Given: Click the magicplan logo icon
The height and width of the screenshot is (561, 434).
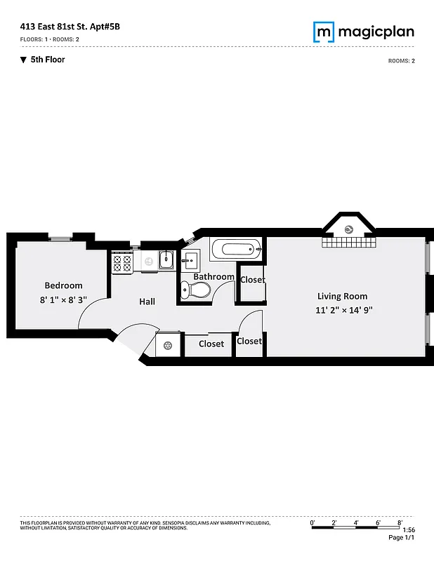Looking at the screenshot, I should [324, 32].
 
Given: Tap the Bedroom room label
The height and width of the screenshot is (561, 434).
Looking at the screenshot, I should [63, 285].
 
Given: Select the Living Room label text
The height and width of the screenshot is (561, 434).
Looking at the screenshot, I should [342, 296].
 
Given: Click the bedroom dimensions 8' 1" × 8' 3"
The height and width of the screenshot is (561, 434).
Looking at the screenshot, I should [63, 299].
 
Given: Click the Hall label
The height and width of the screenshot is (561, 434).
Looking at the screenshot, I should [147, 302].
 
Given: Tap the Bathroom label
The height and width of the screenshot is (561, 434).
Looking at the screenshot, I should [213, 277].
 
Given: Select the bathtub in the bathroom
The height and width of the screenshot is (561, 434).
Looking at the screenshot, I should [236, 248].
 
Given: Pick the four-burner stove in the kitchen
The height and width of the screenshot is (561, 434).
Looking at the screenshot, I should [122, 262].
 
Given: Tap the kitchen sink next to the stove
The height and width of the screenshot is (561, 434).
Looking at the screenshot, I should [166, 260].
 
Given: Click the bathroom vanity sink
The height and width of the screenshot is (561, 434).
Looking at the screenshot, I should [190, 262].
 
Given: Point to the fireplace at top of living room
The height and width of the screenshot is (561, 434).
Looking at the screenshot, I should [349, 229].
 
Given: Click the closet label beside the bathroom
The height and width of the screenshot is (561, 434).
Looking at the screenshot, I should [252, 280].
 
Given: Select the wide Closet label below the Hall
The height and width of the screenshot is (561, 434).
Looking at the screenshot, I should [211, 344].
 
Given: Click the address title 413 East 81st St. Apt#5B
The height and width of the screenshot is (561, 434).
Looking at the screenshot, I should [65, 27].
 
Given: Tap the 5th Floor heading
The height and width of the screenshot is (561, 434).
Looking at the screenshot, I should [48, 60].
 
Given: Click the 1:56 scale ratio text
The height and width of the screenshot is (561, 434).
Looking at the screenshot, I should [409, 530].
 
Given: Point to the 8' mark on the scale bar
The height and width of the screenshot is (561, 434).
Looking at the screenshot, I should [399, 522].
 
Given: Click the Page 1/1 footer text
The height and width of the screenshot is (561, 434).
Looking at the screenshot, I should [402, 538].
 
